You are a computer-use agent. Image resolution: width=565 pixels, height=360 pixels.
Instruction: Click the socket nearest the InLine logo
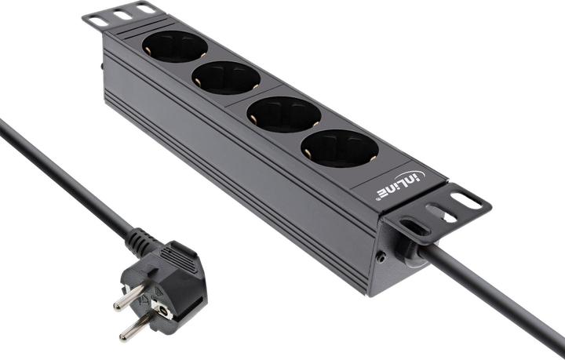coord(339,148)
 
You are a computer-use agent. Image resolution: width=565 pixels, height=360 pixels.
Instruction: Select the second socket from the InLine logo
coord(284,115)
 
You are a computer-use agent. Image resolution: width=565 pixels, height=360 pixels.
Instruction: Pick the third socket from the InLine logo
coord(226,78)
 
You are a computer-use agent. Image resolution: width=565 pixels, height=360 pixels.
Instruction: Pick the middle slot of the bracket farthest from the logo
coord(122,14)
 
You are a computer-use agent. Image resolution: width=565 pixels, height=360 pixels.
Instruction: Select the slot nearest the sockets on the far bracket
coord(145,8)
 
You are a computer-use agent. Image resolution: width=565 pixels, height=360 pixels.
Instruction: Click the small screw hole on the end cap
coord(381,256)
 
